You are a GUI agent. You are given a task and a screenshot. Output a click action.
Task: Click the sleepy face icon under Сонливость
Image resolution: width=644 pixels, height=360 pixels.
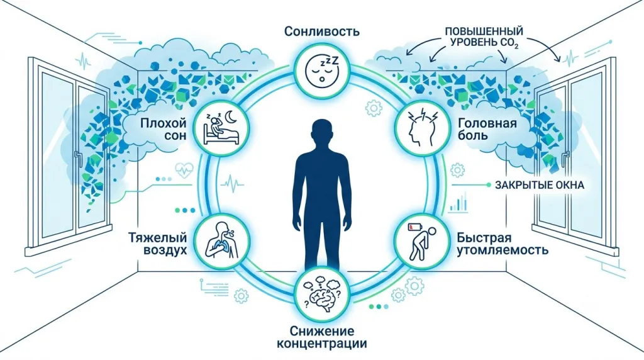coord(323,69)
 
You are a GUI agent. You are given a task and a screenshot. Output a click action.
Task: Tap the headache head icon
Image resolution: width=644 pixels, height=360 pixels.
coord(421,128)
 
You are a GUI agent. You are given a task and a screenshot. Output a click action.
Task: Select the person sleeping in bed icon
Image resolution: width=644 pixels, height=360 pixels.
coord(221,128)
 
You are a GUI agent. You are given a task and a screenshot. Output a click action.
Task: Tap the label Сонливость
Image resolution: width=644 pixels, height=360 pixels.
coord(321,31)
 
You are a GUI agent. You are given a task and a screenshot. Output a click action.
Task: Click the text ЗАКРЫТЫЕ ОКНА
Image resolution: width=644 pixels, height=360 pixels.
coord(539,185)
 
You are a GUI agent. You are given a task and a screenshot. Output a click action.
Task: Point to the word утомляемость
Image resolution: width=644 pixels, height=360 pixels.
coord(502,250)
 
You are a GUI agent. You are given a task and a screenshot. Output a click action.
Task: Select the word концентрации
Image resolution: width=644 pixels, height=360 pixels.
coord(321,343)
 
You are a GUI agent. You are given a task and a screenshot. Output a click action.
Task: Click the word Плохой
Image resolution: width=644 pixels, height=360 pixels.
coord(164,123)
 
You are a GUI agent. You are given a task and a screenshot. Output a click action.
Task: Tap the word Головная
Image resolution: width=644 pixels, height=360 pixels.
coord(487,123)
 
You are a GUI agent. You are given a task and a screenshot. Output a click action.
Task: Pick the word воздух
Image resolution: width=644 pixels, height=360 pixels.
coord(165,250)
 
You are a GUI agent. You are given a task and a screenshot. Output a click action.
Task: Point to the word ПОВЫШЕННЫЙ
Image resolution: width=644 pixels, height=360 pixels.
coord(484,31)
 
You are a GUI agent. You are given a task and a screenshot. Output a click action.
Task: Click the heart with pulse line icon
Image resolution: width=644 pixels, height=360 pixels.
coord(184,170)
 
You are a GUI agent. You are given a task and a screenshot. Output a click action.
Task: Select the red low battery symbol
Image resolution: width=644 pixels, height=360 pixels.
coord(413,227)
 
